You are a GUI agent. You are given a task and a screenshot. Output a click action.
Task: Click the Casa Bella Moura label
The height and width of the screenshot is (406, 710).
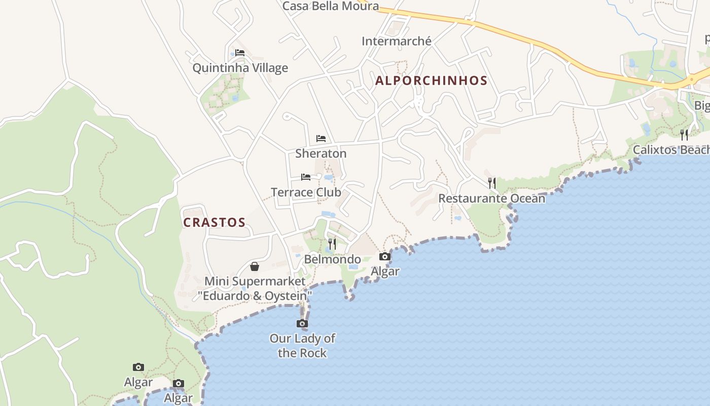click(330, 6)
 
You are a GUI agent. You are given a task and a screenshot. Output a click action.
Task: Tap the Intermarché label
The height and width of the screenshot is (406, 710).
click(396, 41)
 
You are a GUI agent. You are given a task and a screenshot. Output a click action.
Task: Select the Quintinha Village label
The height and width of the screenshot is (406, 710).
click(240, 68)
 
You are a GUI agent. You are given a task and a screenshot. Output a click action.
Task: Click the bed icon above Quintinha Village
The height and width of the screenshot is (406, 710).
click(240, 53)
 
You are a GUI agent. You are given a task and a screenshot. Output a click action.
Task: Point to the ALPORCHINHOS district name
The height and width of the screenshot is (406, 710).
click(431, 81)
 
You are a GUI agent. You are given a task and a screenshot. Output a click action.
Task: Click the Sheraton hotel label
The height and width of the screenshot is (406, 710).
click(321, 153)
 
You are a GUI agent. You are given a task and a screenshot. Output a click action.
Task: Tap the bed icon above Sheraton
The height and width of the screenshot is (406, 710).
click(321, 138)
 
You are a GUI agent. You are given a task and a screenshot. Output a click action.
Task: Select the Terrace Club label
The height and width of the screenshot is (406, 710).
click(306, 192)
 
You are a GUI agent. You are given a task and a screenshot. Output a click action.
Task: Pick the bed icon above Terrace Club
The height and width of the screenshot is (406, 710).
click(306, 177)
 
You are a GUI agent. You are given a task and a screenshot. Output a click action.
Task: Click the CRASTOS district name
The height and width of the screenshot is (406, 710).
click(214, 223)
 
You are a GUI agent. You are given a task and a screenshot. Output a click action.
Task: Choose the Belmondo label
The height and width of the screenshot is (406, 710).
click(332, 259)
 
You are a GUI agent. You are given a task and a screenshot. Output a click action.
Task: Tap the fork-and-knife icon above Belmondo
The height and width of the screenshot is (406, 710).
click(332, 244)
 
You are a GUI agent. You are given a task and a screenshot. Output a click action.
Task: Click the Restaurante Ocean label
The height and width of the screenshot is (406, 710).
click(491, 198)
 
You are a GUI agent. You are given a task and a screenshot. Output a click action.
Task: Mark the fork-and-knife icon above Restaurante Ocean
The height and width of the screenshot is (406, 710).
click(491, 183)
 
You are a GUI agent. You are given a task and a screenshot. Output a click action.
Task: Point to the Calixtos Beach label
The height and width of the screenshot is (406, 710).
click(671, 150)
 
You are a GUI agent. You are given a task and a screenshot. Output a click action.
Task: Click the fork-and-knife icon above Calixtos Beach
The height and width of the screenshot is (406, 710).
click(684, 134)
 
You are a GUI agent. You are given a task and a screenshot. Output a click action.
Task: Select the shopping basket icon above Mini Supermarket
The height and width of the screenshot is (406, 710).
click(255, 266)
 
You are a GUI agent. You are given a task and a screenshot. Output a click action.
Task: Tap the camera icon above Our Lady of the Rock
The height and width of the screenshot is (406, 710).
click(302, 323)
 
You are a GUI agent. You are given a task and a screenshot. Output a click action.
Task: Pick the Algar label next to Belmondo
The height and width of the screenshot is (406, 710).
click(385, 272)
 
